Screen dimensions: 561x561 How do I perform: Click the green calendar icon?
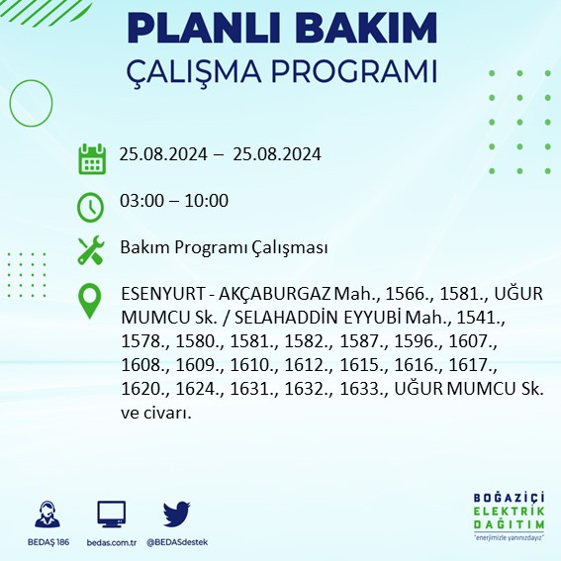coord(91,158)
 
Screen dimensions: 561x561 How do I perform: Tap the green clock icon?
coord(91,206)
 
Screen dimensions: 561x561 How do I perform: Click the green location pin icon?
coord(91,300)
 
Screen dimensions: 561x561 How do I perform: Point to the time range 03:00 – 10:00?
coord(173,202)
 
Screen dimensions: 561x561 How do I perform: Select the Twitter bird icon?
coord(176,514)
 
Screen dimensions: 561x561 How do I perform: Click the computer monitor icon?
coord(111,514)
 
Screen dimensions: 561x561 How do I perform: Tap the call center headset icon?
coord(46,514)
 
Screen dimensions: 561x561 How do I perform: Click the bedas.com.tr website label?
coord(111,542)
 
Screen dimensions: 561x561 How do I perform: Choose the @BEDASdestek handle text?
coord(177,542)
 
